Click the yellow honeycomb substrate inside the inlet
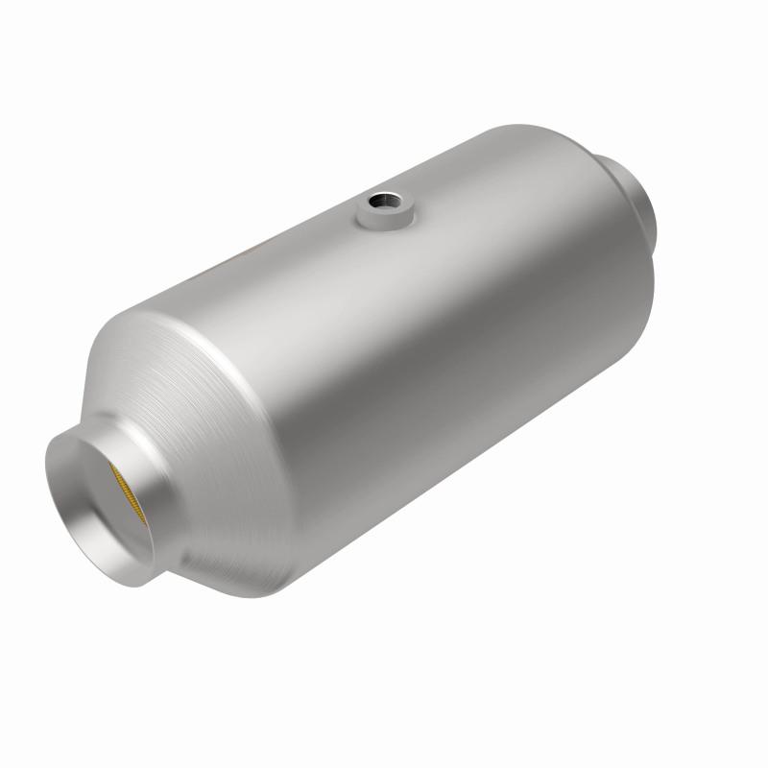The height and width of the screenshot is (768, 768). [128, 489]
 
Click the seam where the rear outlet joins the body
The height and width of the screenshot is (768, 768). [614, 173]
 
